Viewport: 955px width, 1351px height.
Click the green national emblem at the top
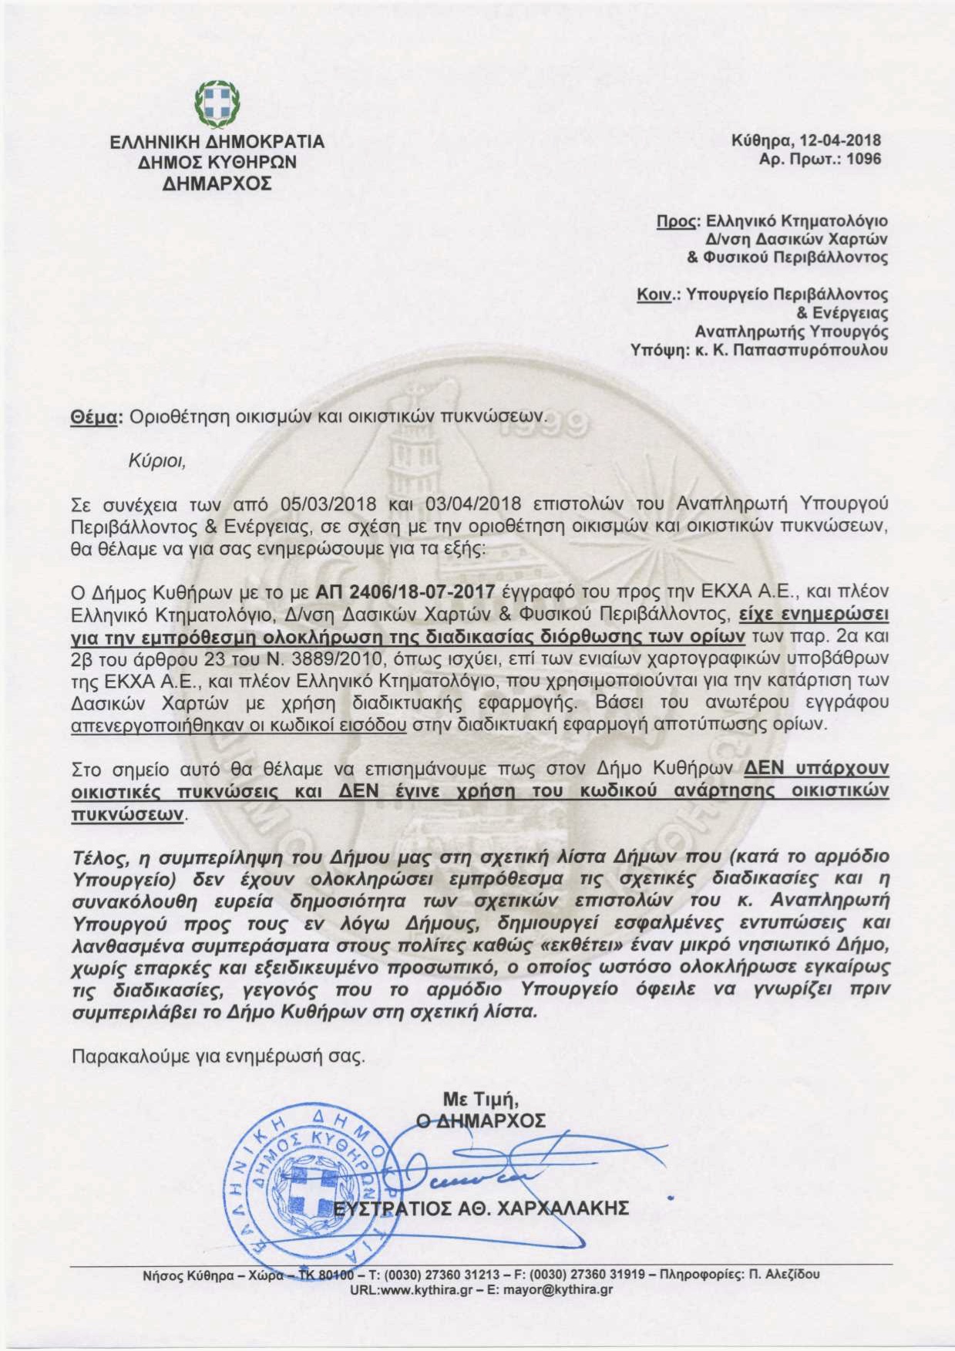(x=217, y=106)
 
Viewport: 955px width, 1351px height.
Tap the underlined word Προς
(x=671, y=221)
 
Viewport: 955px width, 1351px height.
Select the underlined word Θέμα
(x=92, y=417)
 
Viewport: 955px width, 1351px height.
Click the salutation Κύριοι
(x=157, y=462)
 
